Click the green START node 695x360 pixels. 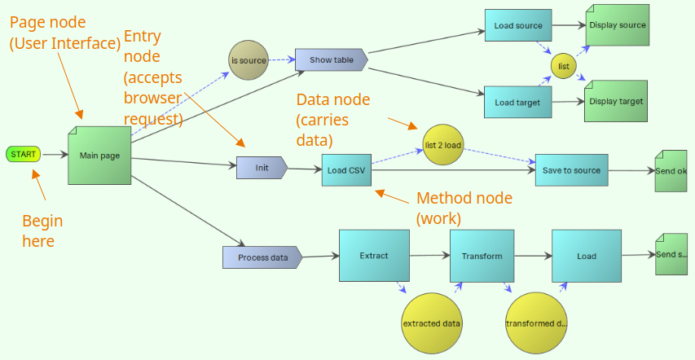click(x=23, y=154)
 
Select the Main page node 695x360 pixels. click(x=99, y=156)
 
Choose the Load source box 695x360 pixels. click(x=518, y=26)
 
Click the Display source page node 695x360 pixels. click(x=617, y=25)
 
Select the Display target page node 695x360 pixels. click(x=616, y=101)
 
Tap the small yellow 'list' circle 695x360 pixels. click(x=563, y=65)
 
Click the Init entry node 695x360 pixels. click(x=262, y=168)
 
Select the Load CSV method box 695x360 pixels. click(x=346, y=170)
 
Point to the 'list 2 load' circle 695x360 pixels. click(x=443, y=145)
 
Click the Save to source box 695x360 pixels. click(x=571, y=170)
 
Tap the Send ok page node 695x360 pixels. click(x=671, y=171)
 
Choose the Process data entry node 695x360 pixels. click(x=262, y=257)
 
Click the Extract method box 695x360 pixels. click(x=374, y=256)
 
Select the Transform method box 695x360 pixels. click(x=482, y=256)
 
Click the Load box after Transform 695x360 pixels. click(x=587, y=256)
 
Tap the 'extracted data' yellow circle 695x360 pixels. click(x=432, y=323)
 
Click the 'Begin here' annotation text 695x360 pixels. click(x=42, y=230)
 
